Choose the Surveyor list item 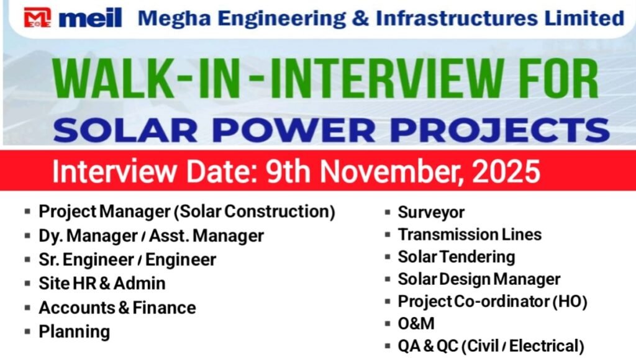(431, 212)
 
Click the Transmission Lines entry (470, 235)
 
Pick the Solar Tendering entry (457, 257)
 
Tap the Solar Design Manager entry (479, 279)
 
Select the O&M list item (416, 323)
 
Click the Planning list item (74, 331)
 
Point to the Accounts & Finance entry (117, 307)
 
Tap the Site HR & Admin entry (102, 284)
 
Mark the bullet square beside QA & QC (387, 346)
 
